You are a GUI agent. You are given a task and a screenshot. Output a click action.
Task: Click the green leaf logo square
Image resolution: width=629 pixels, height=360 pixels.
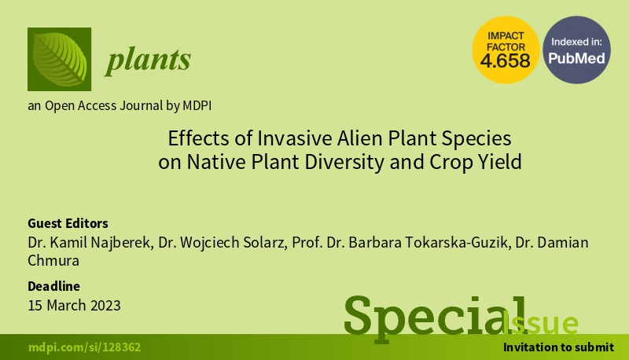60,59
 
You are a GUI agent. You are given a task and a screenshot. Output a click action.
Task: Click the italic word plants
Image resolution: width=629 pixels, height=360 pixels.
148,61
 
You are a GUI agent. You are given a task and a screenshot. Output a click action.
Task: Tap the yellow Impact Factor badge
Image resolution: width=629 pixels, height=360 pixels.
506,50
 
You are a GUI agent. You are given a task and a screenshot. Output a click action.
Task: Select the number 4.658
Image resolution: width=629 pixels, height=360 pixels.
506,61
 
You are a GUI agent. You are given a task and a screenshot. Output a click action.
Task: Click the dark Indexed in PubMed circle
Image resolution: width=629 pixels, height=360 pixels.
576,50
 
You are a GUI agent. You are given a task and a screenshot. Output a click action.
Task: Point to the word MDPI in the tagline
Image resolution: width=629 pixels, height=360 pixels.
197,106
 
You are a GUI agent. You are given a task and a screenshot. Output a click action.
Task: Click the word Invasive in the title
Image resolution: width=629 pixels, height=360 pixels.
296,138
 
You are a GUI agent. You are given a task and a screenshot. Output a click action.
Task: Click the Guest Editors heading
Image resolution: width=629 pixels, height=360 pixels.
68,223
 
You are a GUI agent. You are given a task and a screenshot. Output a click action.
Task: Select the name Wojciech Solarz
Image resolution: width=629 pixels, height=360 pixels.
234,243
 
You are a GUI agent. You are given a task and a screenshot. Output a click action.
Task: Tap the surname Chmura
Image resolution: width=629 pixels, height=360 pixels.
53,261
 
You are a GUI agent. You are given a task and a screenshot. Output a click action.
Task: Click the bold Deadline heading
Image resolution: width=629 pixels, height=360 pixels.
53,286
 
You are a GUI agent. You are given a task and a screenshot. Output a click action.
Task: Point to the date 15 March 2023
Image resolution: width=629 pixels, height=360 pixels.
74,306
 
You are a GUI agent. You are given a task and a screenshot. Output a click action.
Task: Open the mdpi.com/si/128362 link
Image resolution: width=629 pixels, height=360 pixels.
85,347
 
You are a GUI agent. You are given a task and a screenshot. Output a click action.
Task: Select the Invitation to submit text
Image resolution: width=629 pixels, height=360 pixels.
559,347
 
